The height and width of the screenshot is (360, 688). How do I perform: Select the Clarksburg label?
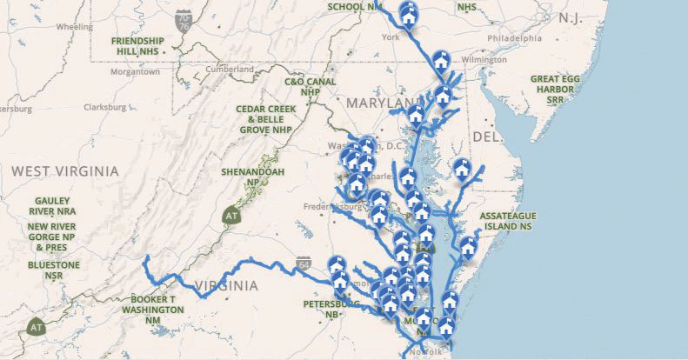pos(105,107)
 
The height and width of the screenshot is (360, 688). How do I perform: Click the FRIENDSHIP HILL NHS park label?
pos(140,45)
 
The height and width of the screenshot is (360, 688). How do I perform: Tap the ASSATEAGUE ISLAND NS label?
pos(510,220)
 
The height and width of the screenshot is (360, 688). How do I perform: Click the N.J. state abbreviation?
pos(571,17)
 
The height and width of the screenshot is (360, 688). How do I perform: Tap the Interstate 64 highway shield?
pos(303,262)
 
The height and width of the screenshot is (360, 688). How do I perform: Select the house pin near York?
pos(408,14)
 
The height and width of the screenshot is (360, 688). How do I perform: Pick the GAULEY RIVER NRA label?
pos(53,205)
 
